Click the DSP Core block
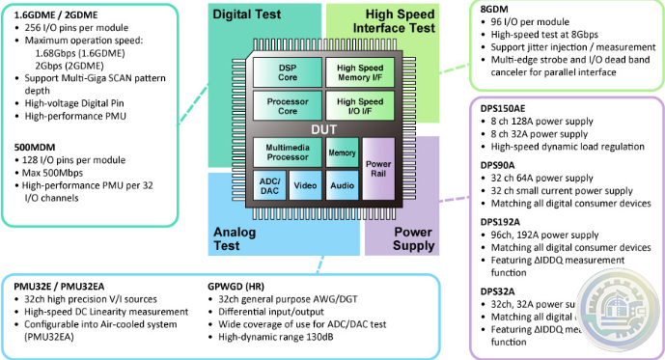(288, 73)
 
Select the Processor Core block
(288, 107)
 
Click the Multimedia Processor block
(288, 152)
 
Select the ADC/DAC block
(269, 184)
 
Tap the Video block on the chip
(305, 184)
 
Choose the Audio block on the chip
(341, 184)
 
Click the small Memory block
(341, 152)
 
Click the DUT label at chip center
(322, 128)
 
